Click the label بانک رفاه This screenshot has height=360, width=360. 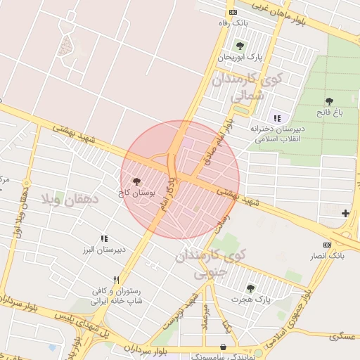tap(233, 23)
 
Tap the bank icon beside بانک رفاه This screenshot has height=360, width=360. tap(233, 13)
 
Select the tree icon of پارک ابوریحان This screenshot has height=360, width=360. tap(240, 46)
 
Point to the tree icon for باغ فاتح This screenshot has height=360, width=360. tap(329, 101)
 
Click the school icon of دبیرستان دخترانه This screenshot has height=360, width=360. tap(276, 117)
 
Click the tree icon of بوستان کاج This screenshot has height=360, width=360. tap(136, 181)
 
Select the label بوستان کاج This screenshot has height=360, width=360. tap(136, 191)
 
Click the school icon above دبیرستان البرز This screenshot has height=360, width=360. tap(105, 239)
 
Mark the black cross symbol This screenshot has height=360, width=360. tap(345, 213)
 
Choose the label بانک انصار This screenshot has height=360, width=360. tap(328, 255)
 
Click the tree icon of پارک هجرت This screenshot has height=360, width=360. tap(250, 288)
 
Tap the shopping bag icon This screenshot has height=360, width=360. tap(224, 347)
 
